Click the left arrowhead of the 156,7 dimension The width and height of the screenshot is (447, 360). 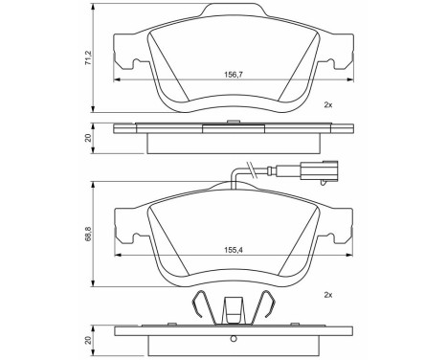pyautogui.click(x=117, y=79)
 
